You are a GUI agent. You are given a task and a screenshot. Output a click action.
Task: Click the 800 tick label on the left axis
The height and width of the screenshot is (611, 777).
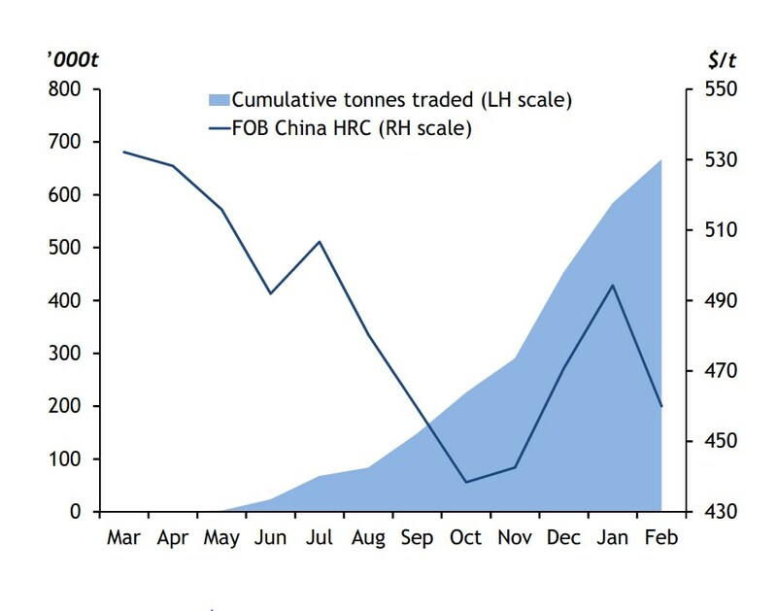pos(64,89)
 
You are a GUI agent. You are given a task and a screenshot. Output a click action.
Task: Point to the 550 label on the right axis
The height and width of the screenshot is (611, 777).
pos(721,89)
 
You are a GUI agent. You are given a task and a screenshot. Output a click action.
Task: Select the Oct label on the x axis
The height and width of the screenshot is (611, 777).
pos(465,537)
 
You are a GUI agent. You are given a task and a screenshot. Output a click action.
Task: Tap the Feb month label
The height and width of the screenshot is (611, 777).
pos(661,537)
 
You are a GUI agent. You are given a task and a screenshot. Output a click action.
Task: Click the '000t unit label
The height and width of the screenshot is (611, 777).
pos(73,60)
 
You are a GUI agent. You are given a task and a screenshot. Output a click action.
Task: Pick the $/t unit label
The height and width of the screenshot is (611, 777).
pos(722,60)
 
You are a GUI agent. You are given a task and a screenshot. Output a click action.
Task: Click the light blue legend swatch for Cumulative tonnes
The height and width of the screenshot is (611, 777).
pos(220,100)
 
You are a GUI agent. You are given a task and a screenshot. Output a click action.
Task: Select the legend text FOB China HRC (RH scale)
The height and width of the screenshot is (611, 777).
pos(352,128)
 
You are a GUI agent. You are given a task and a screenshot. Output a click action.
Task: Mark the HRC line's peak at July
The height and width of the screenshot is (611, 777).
pos(320,242)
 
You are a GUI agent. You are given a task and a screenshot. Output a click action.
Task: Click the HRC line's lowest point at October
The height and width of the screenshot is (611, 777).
pos(466,482)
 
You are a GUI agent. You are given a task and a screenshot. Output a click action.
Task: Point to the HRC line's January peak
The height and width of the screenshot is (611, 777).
pos(613,285)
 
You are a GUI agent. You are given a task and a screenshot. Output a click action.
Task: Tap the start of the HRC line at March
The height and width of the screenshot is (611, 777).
pos(124,152)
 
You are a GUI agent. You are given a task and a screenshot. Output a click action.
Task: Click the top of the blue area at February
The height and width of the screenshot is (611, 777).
pos(661,159)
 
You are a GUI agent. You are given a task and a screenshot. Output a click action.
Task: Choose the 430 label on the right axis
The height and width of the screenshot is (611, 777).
pos(721,511)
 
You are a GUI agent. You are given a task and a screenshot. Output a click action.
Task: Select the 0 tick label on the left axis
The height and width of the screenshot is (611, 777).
pos(76,511)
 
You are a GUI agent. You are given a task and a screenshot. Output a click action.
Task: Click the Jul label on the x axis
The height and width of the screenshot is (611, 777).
pos(320,537)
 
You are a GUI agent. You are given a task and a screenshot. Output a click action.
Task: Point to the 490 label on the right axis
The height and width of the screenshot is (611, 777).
pos(721,300)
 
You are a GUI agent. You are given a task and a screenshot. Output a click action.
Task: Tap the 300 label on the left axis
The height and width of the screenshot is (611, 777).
pos(64,354)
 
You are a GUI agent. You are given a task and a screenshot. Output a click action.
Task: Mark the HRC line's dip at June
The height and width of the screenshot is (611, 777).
pos(271,294)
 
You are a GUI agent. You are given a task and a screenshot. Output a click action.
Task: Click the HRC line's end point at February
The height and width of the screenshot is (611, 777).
pos(661,406)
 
